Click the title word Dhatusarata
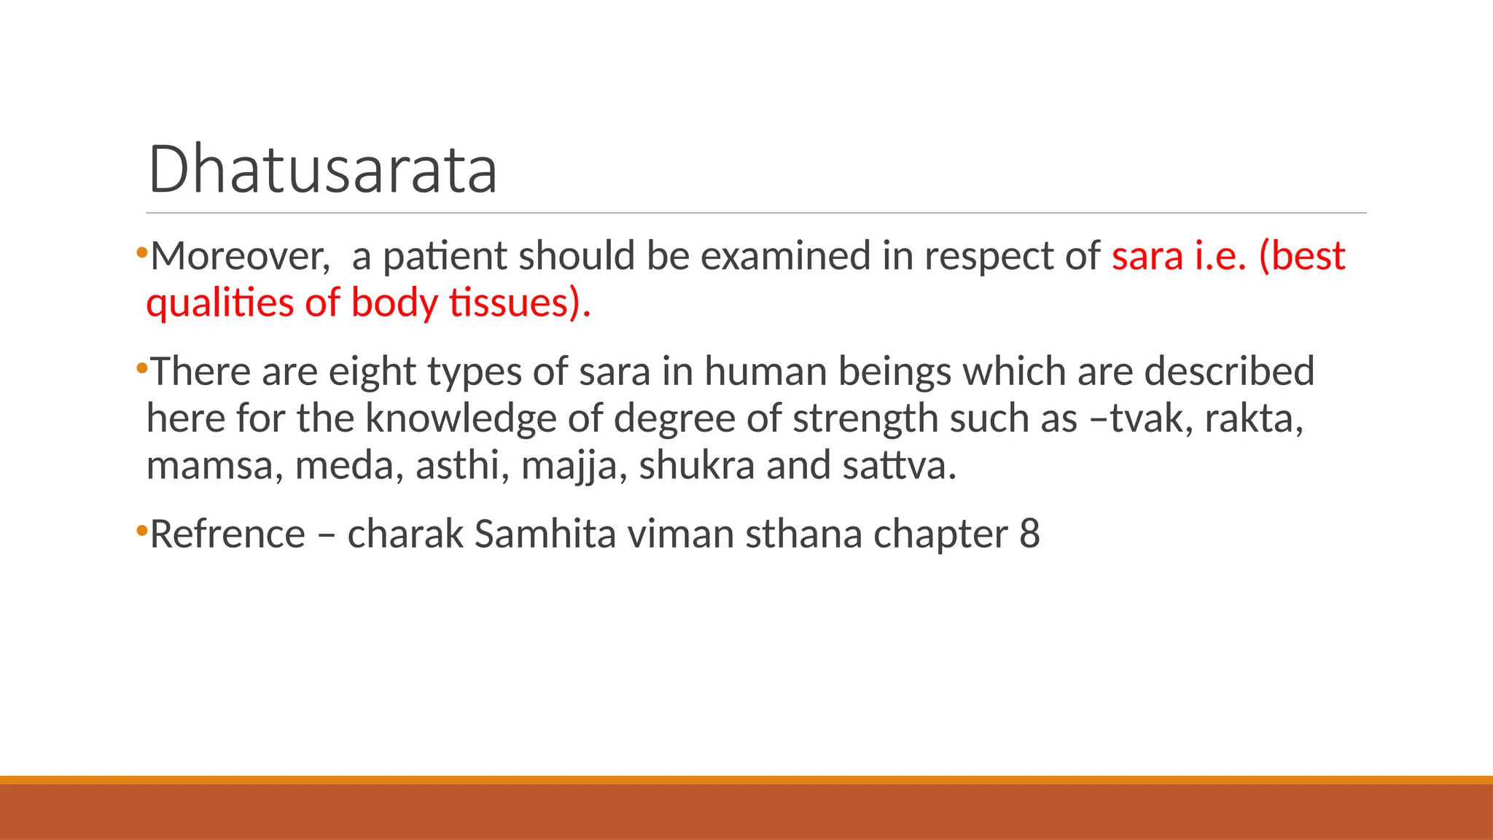tap(322, 169)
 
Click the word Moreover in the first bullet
tap(240, 256)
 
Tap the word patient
tap(445, 256)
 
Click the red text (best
tap(1302, 256)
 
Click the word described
tap(1229, 372)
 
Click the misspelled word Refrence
tap(227, 534)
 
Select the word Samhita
tap(545, 534)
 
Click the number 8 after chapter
tap(1029, 534)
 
